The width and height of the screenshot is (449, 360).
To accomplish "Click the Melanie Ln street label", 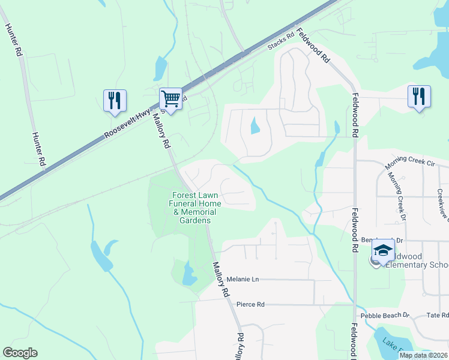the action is pos(243,280).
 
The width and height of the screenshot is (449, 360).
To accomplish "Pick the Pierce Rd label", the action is pos(250,305).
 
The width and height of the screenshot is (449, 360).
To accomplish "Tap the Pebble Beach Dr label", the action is pos(384,315).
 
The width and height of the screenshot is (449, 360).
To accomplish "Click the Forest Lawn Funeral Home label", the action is pos(196,208).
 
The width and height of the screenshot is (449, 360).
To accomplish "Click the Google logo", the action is pos(20,353).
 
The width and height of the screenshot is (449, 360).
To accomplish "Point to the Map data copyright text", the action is pos(423,355).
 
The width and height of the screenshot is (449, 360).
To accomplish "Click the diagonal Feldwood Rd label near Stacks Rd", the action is pos(316,47).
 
